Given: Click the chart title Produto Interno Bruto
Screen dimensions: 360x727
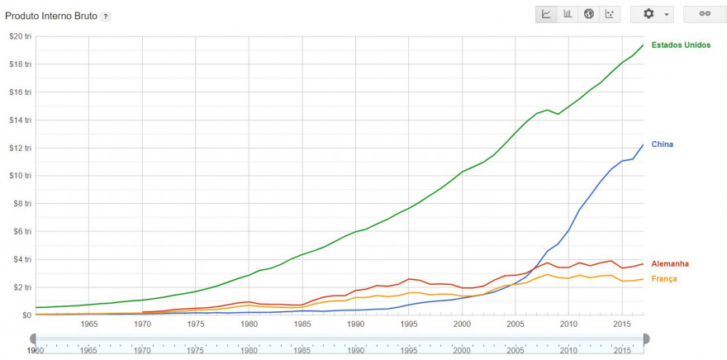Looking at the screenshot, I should pos(50,16).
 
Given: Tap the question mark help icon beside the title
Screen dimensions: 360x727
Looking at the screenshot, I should pos(105,17).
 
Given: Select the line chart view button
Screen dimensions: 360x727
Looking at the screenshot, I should pos(546,14).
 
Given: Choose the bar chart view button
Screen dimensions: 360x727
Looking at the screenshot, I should pos(568,14).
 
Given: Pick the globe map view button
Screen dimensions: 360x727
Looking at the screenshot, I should pos(589,14).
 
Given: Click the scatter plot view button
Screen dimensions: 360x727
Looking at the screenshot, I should pos(610,14).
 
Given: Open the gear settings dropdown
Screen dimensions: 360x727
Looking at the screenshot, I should pos(653,14).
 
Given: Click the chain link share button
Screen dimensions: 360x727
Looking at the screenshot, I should pos(705,14).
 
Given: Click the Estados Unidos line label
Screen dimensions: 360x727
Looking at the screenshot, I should pos(682,45).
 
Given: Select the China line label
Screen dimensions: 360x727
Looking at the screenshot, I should pos(662,144).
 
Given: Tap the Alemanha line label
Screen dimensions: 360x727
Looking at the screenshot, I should pos(669,263).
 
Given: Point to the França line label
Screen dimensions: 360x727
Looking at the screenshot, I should pos(665,279).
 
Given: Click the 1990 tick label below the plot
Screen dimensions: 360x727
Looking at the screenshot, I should pos(355,324).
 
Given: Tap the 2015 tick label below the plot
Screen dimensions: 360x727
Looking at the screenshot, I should pos(622,324).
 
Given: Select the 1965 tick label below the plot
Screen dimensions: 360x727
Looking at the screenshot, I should pos(89,324).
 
